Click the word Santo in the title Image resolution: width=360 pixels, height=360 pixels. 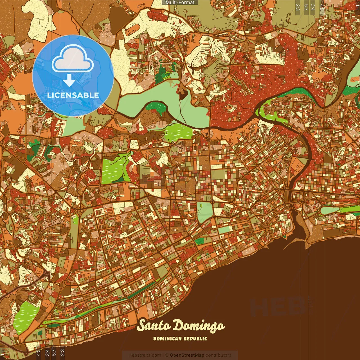click(x=154, y=326)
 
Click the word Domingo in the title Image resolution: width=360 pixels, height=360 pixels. click(x=198, y=326)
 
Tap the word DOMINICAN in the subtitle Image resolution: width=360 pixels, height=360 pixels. click(x=167, y=339)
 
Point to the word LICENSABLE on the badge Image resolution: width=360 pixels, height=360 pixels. click(x=73, y=95)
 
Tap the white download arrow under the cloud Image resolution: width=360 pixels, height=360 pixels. click(x=69, y=81)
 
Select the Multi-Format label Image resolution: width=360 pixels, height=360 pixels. click(x=180, y=3)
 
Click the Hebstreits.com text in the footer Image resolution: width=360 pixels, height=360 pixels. click(x=145, y=355)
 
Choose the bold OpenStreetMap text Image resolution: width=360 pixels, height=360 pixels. click(x=187, y=355)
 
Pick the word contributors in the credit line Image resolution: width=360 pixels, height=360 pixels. click(x=219, y=355)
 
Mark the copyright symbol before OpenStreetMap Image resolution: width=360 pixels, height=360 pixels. click(x=167, y=355)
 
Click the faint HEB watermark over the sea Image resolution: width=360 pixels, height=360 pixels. click(x=277, y=307)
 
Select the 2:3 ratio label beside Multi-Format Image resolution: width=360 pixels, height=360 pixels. click(x=298, y=7)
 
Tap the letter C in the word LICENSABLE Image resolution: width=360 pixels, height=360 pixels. click(x=56, y=95)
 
